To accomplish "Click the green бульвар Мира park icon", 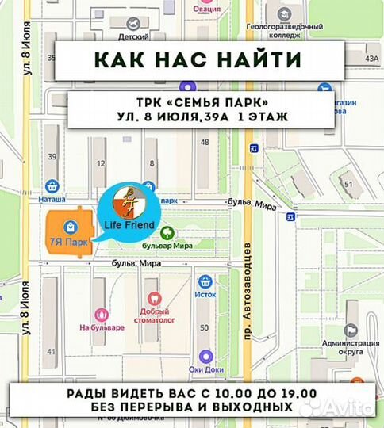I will [167, 232].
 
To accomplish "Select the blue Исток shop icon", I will [205, 281].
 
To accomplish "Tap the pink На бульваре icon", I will [101, 315].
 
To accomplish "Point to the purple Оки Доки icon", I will [205, 357].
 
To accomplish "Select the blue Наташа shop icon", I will [52, 186].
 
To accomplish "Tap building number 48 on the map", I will [205, 143].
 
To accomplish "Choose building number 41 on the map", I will [52, 350].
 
